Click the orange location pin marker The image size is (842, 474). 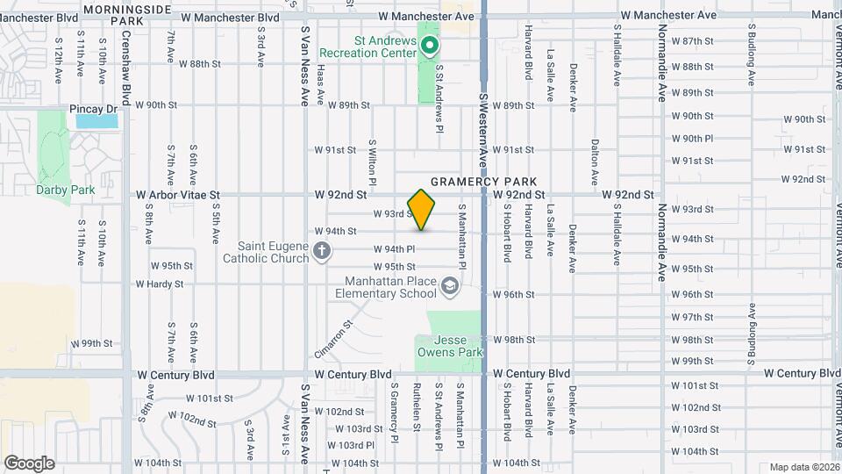click(422, 210)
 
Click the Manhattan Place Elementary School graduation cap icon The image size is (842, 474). click(449, 286)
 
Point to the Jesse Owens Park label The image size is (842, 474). click(449, 346)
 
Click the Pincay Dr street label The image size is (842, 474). click(94, 109)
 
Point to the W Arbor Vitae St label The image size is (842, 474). click(177, 195)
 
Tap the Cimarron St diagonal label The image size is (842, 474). click(333, 339)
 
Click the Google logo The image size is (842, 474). click(29, 463)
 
